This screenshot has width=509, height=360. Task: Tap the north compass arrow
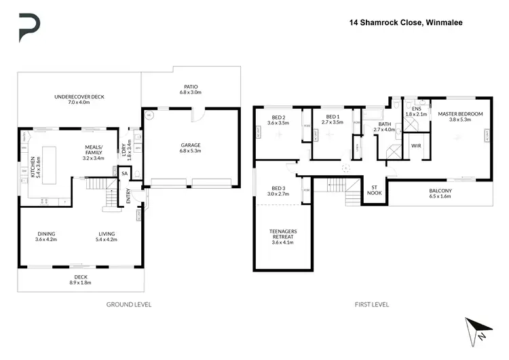477,331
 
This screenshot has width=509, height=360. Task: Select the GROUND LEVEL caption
128,304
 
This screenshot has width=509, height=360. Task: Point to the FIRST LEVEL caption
372,304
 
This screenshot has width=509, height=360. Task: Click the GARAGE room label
190,145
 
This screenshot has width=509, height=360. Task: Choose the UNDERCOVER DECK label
79,97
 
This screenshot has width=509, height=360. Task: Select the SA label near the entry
124,175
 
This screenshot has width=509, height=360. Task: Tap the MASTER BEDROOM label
459,114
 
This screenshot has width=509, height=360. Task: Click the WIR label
416,145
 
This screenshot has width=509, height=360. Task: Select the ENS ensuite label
417,108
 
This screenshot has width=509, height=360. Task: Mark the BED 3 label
277,187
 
